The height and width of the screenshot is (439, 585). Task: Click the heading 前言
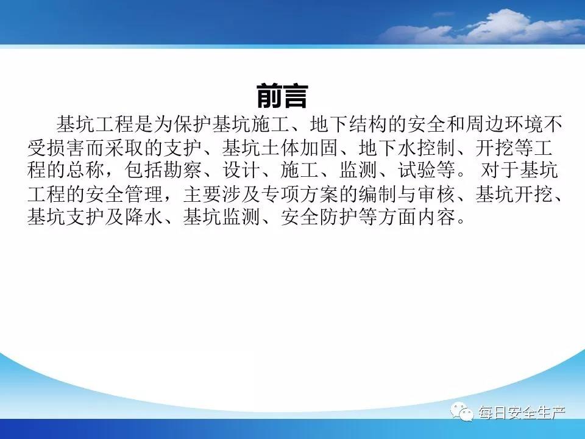click(x=282, y=96)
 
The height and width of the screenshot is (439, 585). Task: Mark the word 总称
click(x=85, y=171)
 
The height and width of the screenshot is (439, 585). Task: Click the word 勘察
click(x=183, y=171)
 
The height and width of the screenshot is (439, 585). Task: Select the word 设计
click(x=241, y=171)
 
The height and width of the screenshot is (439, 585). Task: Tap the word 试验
click(x=417, y=171)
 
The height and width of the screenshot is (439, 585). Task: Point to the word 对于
click(x=499, y=171)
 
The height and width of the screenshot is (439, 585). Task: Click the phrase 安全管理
click(x=124, y=194)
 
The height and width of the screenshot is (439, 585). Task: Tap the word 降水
click(x=144, y=217)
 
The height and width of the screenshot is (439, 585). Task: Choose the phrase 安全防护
click(x=319, y=217)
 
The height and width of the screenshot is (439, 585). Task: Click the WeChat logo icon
click(x=463, y=412)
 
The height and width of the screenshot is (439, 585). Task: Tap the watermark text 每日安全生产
click(x=522, y=413)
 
